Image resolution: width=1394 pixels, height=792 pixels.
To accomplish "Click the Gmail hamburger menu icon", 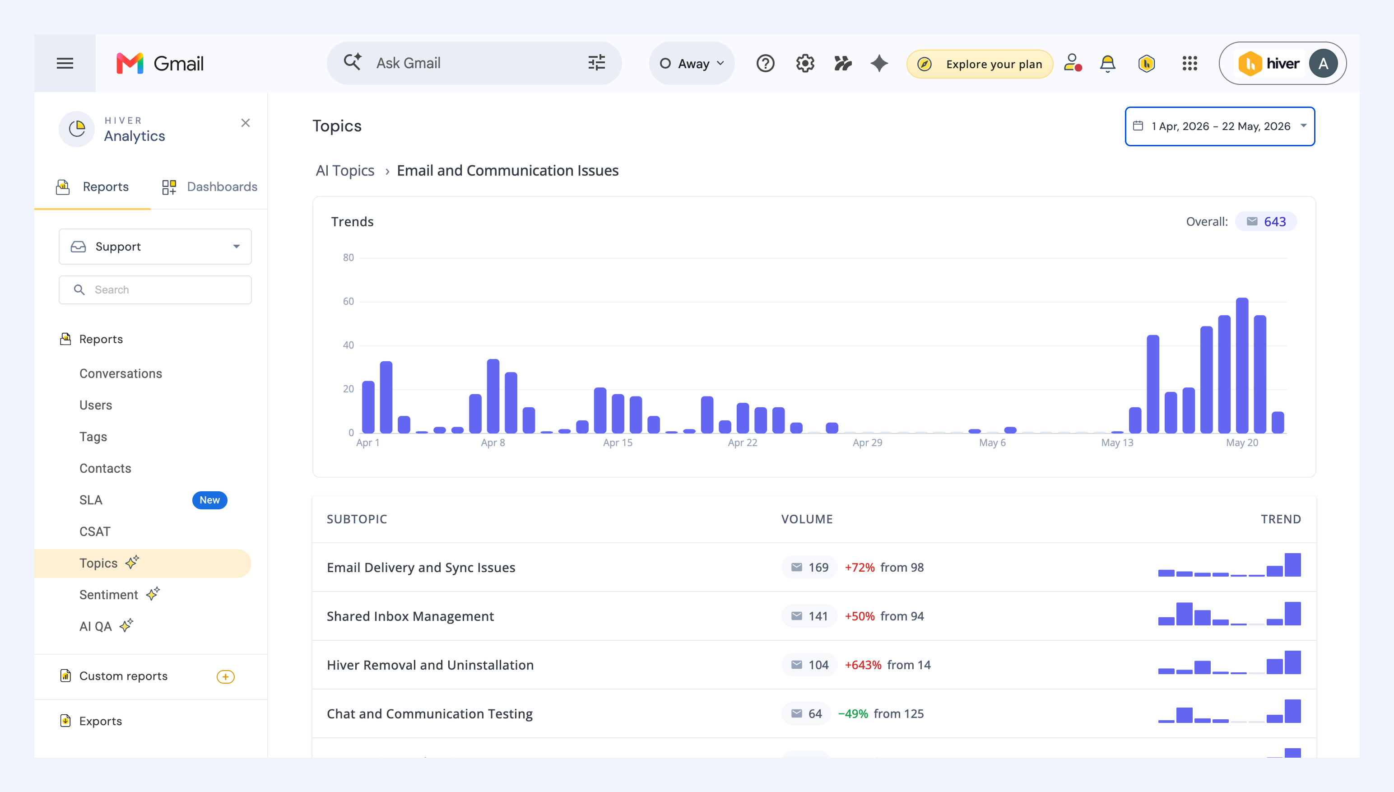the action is click(x=65, y=63).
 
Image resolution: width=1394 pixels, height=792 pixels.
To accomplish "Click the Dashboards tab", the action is click(x=210, y=186).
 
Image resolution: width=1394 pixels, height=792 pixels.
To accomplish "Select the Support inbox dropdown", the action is click(x=155, y=247).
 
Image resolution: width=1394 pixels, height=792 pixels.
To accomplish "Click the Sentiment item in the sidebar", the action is click(x=109, y=595).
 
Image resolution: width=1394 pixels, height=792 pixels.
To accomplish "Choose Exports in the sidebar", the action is click(x=101, y=721).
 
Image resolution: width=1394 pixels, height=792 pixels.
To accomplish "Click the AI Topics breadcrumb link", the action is click(x=345, y=170).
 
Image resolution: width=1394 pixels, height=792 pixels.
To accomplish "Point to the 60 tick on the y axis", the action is click(x=348, y=301).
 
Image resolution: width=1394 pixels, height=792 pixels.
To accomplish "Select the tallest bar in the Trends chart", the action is click(x=1242, y=365).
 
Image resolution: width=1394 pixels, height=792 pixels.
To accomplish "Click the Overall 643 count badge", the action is click(x=1266, y=221).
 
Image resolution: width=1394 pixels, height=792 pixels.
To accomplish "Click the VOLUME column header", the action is click(x=807, y=519).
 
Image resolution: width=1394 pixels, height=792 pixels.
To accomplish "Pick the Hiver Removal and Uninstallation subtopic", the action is click(x=430, y=665).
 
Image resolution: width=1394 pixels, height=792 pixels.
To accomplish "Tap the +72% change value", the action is click(x=860, y=567).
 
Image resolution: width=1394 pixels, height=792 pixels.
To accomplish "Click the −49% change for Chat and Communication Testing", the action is click(x=853, y=714).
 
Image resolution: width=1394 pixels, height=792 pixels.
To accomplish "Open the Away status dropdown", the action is click(x=692, y=63).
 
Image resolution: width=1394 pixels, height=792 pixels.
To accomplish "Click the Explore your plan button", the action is click(x=980, y=64).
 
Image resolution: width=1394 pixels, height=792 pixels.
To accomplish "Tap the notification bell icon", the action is click(x=1107, y=64).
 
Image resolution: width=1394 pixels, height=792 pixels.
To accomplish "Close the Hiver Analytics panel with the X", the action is click(x=246, y=123).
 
